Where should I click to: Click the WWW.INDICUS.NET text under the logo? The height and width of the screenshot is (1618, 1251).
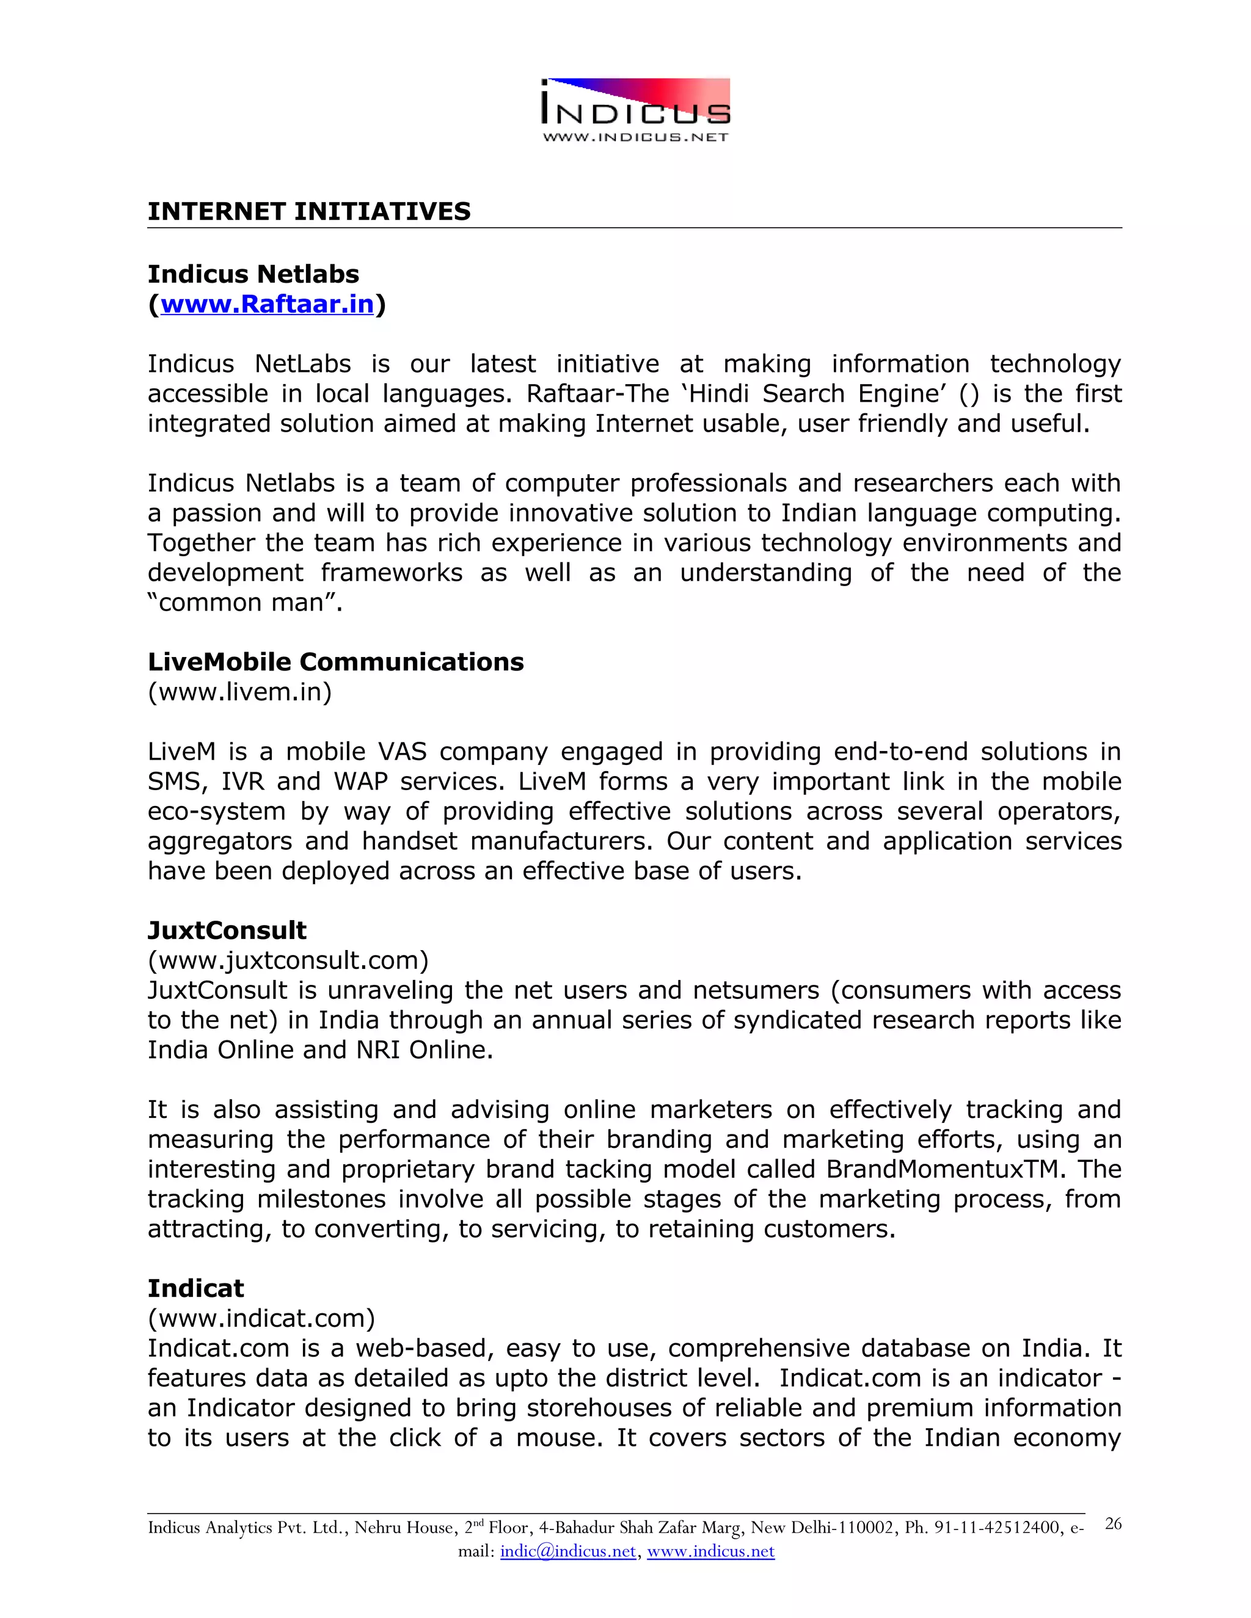pos(635,137)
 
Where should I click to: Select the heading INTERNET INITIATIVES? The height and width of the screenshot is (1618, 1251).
pos(309,212)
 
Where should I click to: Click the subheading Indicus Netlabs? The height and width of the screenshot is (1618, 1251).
pos(253,274)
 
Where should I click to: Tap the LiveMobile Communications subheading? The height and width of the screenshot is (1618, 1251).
pos(335,662)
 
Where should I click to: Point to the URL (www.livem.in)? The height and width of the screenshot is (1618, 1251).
pos(239,692)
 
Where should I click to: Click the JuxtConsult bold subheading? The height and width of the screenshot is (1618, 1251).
pos(227,930)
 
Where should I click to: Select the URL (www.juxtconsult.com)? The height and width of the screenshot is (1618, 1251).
pos(288,960)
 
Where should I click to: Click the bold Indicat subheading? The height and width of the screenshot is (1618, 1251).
pos(195,1288)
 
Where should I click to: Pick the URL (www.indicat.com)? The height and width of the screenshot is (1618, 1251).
pos(261,1318)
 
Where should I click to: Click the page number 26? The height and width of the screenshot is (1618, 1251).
pos(1112,1523)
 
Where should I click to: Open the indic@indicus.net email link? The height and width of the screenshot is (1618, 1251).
pos(567,1551)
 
